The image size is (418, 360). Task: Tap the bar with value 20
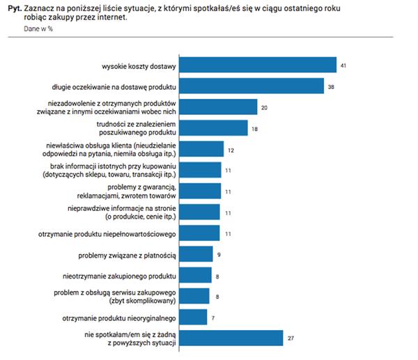(x=218, y=107)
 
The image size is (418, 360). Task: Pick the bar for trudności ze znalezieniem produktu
(x=215, y=128)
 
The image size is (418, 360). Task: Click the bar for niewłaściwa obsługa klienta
(x=203, y=149)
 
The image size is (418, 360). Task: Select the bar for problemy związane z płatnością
(x=197, y=255)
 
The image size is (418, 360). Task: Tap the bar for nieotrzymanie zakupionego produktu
(x=196, y=275)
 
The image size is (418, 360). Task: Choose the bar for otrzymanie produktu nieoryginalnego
(x=194, y=317)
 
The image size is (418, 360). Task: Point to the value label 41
(x=343, y=65)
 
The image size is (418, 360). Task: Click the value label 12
(x=231, y=149)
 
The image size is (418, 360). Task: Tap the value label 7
(x=213, y=317)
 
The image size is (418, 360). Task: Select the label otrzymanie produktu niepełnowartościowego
(x=107, y=234)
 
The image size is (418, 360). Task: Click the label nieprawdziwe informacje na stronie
(x=126, y=209)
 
